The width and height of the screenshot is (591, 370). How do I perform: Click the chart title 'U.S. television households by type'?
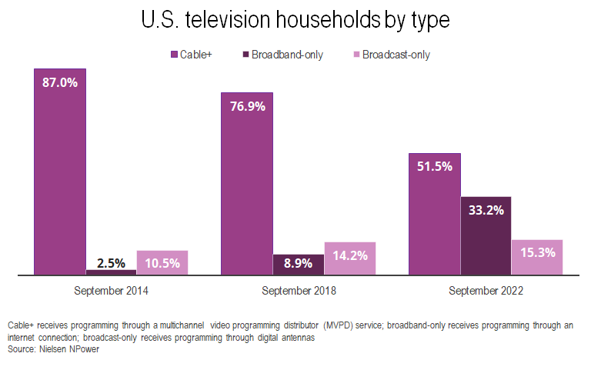point(295,21)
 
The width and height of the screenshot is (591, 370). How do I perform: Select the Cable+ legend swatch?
point(173,55)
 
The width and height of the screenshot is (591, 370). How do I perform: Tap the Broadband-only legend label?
point(287,55)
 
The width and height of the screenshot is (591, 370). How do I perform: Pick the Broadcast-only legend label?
point(396,55)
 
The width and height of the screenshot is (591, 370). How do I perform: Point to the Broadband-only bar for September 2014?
point(111,272)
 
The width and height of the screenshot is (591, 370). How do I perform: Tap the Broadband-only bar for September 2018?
point(298,264)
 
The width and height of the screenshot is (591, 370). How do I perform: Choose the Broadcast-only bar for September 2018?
point(349,258)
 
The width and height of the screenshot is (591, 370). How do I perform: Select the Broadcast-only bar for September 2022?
point(537,256)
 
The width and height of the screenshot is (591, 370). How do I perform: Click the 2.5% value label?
point(111,262)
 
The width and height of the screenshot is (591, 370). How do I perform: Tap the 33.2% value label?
point(486,210)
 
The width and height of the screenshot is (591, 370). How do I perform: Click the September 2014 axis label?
point(111,292)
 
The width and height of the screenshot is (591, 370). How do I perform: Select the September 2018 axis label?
point(299,292)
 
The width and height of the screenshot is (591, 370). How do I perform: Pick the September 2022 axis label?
point(486,292)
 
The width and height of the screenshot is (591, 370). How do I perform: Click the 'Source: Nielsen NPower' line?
point(54,349)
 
